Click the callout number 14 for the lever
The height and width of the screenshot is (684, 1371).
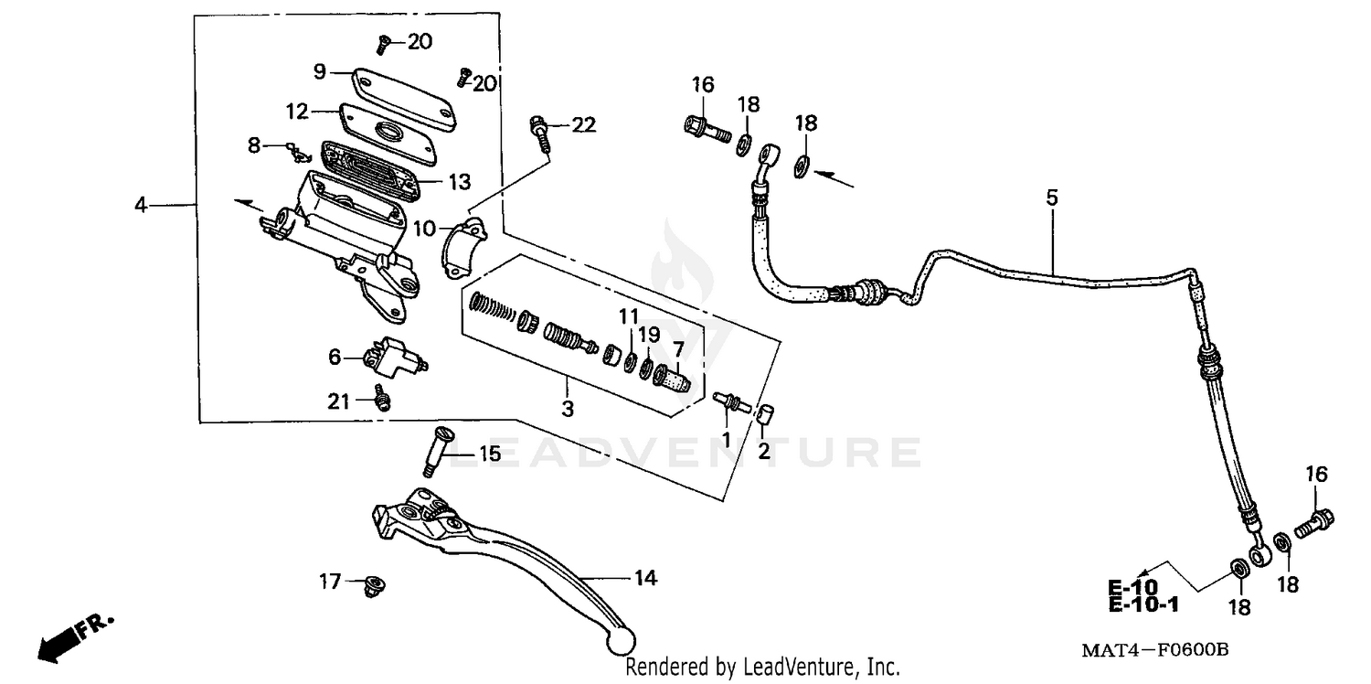(x=645, y=578)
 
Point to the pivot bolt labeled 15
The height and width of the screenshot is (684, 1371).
(x=433, y=451)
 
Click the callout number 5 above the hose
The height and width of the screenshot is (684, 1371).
(x=1052, y=197)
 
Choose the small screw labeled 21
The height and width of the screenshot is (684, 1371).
(x=383, y=399)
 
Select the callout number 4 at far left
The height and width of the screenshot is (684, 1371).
(x=141, y=205)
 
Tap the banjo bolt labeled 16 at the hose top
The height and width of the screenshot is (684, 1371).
(x=705, y=126)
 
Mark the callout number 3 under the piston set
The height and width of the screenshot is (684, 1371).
(x=568, y=409)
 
